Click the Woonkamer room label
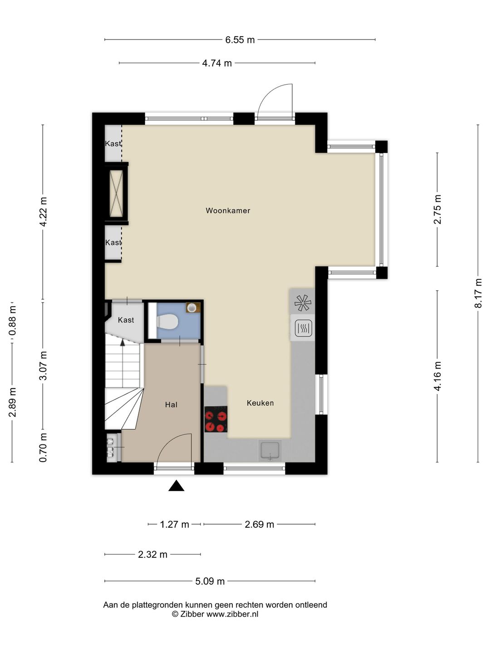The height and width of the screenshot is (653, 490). point(228,210)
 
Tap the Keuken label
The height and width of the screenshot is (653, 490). point(260,403)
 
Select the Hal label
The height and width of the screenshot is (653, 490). point(171,404)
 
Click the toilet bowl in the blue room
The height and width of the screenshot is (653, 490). point(167,322)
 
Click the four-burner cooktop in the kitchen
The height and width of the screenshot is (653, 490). point(216,419)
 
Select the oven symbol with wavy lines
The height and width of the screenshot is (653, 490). point(303,327)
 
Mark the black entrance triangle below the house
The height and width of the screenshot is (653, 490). point(176,486)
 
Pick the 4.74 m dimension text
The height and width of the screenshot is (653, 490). point(217,63)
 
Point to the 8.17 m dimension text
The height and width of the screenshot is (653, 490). point(478,293)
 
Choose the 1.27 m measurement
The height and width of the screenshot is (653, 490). point(174,524)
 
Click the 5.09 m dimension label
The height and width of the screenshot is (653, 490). point(210,581)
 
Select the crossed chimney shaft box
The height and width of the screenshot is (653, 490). point(116,193)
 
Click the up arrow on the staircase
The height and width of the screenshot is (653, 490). point(122,342)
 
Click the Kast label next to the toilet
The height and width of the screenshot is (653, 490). point(126,320)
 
